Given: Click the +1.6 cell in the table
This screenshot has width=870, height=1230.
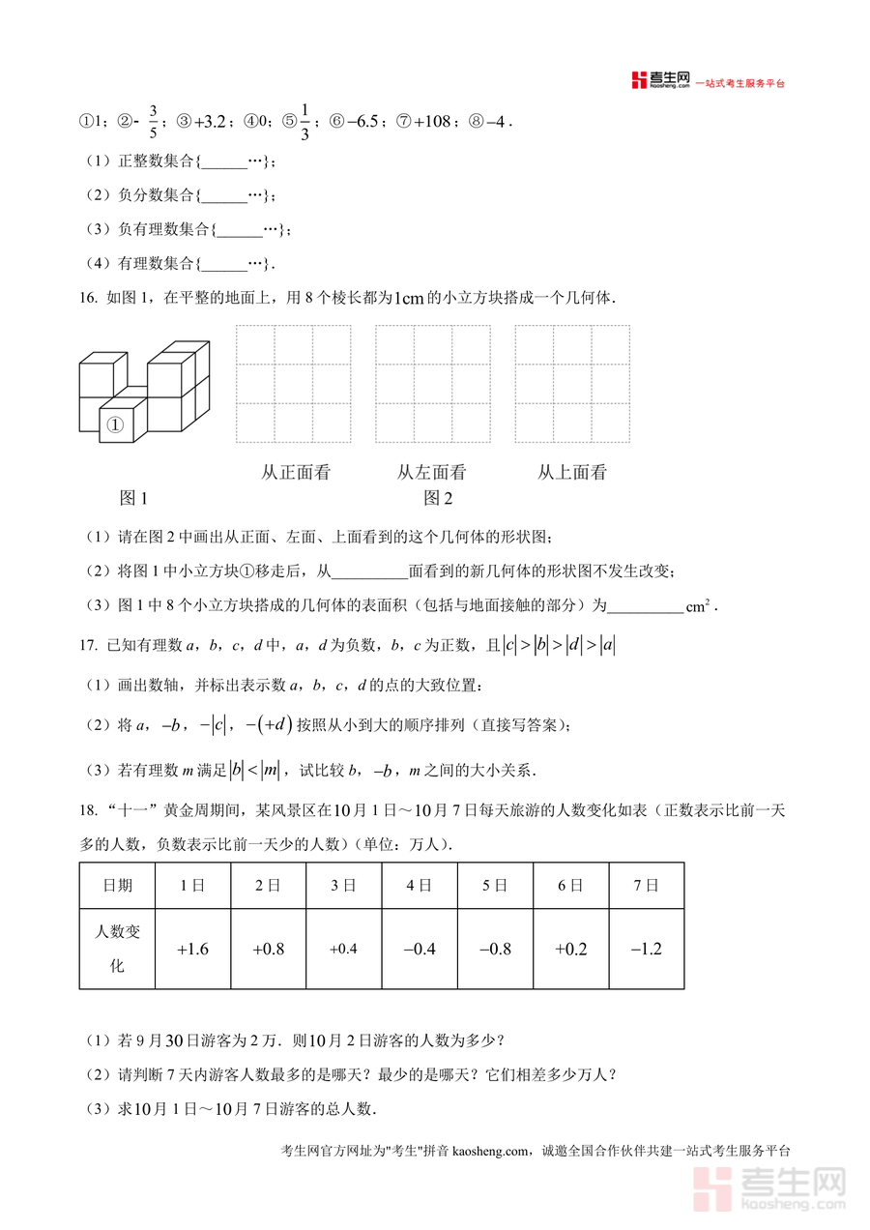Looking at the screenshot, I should (x=193, y=949).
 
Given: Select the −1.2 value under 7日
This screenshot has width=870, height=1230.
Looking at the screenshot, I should (x=646, y=949).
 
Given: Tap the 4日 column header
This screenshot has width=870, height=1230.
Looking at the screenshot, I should (x=419, y=885).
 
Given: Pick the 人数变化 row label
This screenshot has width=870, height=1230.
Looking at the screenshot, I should (x=117, y=949).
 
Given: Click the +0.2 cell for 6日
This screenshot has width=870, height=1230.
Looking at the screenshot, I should (x=570, y=949).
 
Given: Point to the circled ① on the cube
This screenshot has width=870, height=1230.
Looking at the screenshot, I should (x=115, y=425).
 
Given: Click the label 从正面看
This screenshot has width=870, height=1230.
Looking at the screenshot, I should (x=296, y=472).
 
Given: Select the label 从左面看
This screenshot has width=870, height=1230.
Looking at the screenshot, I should (x=431, y=472).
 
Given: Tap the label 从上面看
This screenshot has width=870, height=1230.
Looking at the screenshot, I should (x=572, y=472).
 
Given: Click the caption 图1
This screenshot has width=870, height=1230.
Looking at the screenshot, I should (x=133, y=498).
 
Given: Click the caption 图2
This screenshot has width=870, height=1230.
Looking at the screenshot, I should (x=438, y=498).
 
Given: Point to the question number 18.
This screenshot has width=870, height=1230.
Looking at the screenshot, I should (x=88, y=807).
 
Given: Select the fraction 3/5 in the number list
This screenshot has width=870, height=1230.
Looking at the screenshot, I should (x=153, y=122).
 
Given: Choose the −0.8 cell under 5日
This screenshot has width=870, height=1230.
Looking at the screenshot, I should (x=495, y=949).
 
